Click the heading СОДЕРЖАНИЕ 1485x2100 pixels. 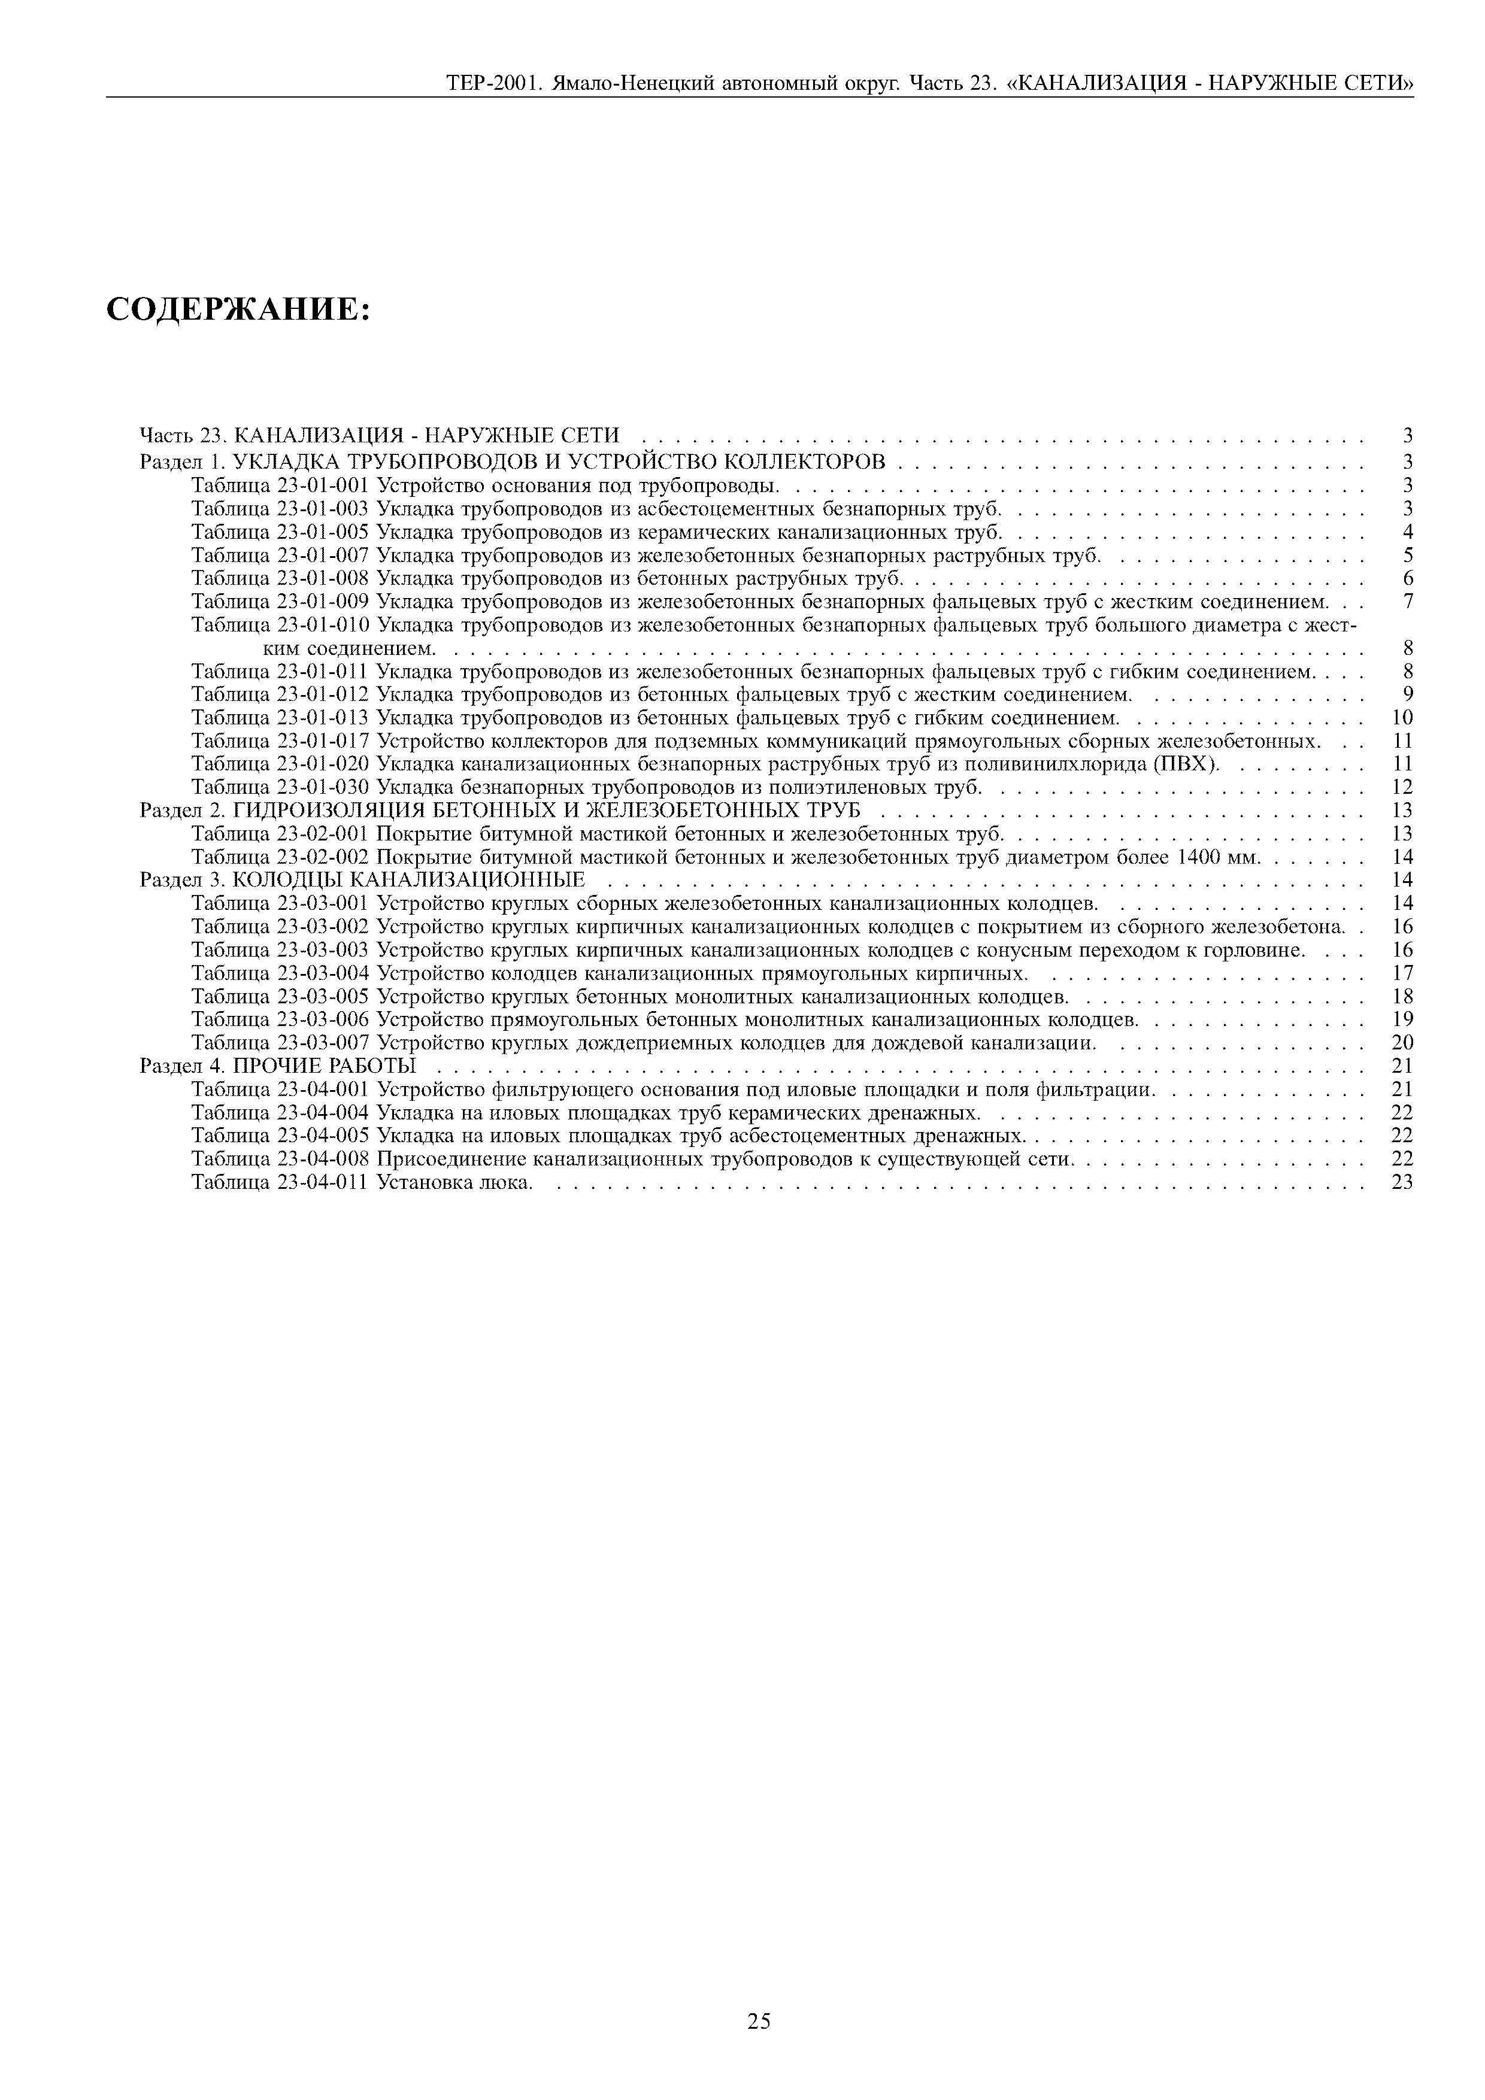coord(238,310)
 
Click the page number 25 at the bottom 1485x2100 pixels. coord(759,2020)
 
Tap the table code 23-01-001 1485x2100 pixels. coord(322,485)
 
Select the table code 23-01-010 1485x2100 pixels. coord(322,625)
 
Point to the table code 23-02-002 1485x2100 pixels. coord(322,857)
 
